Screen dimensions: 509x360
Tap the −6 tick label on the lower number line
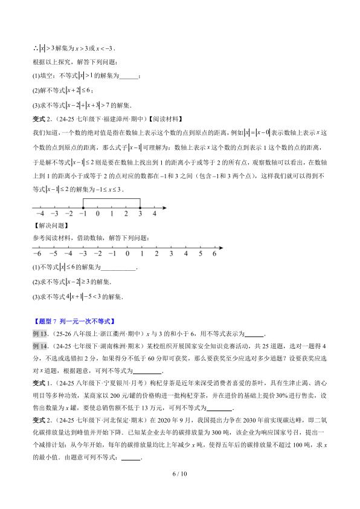point(37,254)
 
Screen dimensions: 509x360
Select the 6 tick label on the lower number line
point(214,254)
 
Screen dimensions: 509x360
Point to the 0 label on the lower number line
point(126,254)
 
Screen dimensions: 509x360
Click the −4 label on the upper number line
point(40,214)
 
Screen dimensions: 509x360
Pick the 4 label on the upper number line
point(155,214)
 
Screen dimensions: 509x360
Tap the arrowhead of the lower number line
point(221,247)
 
